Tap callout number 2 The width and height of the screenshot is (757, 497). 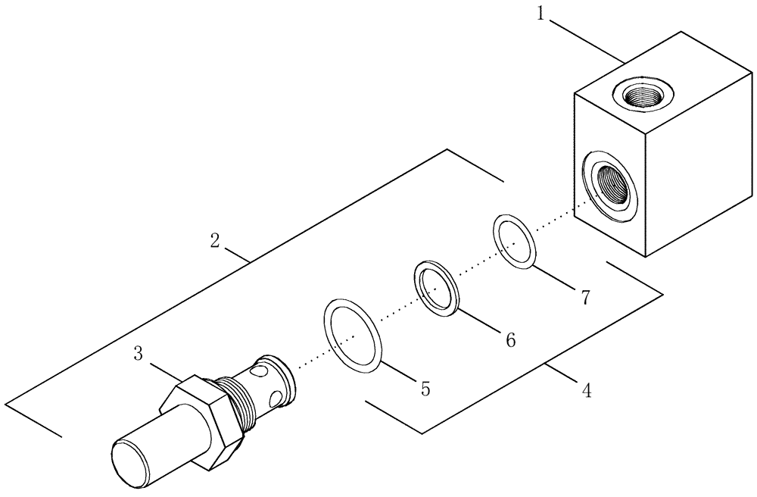pyautogui.click(x=216, y=241)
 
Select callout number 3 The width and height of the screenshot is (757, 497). pyautogui.click(x=139, y=353)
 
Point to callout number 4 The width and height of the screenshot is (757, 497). pyautogui.click(x=585, y=391)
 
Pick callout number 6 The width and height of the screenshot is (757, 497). pyautogui.click(x=510, y=340)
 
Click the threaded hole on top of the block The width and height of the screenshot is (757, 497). pyautogui.click(x=640, y=95)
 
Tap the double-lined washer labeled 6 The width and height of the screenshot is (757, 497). pyautogui.click(x=437, y=288)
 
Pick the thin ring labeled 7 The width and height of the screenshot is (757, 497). pyautogui.click(x=515, y=241)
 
